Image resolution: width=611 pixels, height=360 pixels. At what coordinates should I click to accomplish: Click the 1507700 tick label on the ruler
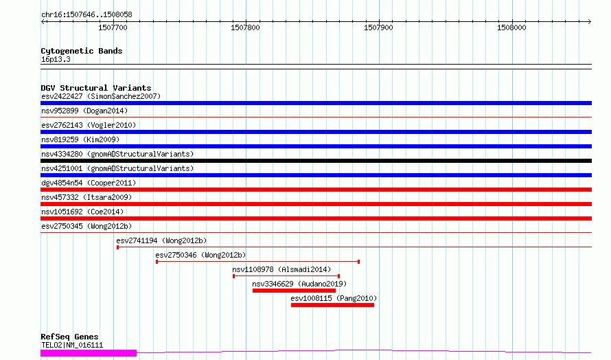(x=113, y=27)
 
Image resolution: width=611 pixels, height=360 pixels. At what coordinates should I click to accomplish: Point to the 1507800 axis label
(x=245, y=27)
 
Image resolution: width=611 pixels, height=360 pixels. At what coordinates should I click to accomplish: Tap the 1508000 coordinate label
(x=511, y=27)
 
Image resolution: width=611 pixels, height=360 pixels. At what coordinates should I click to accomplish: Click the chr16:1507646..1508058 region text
(x=87, y=15)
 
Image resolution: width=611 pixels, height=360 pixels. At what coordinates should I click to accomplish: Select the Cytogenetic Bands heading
(x=82, y=51)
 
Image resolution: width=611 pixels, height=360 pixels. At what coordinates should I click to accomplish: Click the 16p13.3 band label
(x=56, y=59)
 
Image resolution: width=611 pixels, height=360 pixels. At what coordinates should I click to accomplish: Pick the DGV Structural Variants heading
(x=96, y=88)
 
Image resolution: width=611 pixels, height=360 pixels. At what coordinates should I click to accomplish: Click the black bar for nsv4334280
(x=316, y=161)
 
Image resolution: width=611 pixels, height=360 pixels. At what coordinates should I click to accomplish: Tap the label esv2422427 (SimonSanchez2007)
(x=101, y=96)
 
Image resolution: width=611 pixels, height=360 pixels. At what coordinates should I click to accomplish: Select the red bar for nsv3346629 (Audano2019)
(x=294, y=291)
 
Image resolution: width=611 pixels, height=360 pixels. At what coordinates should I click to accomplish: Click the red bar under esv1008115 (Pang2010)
(x=332, y=305)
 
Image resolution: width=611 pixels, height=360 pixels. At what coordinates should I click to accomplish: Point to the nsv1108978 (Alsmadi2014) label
(x=281, y=269)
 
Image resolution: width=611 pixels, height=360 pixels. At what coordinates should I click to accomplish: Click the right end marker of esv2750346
(x=358, y=262)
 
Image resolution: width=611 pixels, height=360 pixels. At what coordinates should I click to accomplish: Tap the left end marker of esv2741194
(x=117, y=247)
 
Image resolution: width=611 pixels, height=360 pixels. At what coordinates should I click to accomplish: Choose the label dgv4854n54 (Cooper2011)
(x=89, y=183)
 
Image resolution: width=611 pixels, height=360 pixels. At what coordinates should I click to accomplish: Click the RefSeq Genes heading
(x=69, y=337)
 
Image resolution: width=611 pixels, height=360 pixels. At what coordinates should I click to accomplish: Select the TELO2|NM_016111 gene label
(x=72, y=345)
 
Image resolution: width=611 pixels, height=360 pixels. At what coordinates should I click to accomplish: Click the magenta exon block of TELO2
(x=89, y=353)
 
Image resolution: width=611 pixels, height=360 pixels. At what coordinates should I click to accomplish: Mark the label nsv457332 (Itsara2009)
(x=87, y=197)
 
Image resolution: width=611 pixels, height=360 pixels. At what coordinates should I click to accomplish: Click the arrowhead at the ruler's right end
(x=590, y=21)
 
